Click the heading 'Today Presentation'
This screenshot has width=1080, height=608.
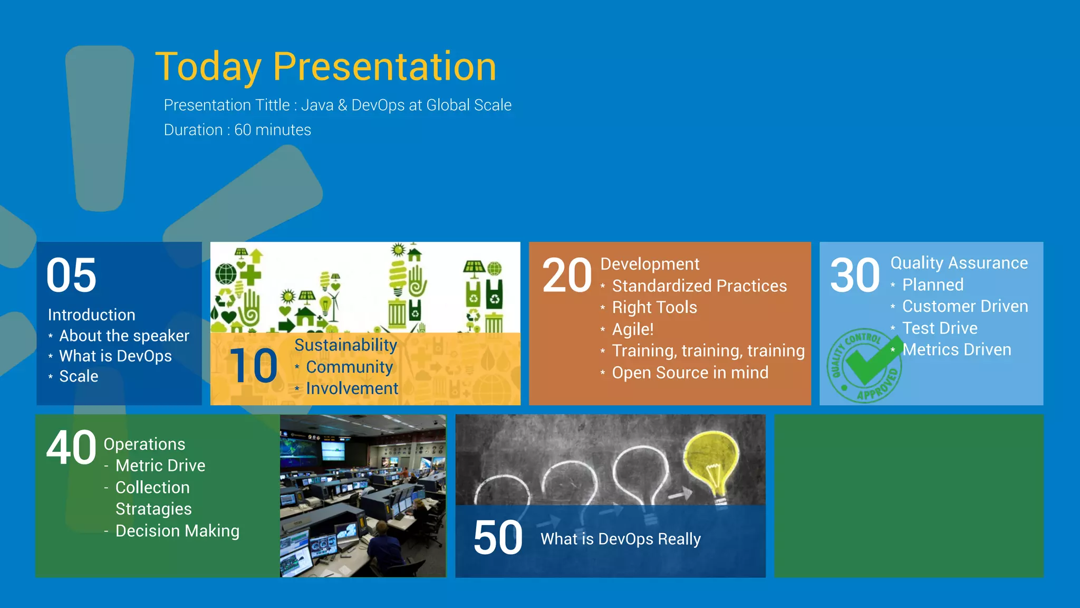click(325, 67)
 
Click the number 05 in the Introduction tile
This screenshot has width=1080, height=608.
click(71, 275)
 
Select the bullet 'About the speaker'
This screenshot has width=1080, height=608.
click(124, 336)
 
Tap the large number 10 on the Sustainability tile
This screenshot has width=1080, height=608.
click(253, 366)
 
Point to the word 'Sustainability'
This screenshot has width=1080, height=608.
click(345, 345)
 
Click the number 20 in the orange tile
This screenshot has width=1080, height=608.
click(567, 275)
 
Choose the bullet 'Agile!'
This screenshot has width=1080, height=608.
click(632, 329)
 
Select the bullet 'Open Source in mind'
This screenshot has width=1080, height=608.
click(690, 373)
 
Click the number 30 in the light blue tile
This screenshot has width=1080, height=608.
click(855, 275)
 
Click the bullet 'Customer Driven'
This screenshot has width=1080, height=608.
click(965, 306)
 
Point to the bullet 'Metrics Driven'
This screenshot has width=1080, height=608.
click(956, 349)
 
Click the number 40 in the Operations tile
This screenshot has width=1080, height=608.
click(71, 448)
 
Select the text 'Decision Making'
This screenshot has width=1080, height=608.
click(177, 531)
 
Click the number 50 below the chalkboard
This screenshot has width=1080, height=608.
click(498, 538)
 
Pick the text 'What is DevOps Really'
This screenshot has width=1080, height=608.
click(621, 539)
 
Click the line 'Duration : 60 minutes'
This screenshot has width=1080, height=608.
click(237, 130)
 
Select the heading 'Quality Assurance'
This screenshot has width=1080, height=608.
click(959, 263)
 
